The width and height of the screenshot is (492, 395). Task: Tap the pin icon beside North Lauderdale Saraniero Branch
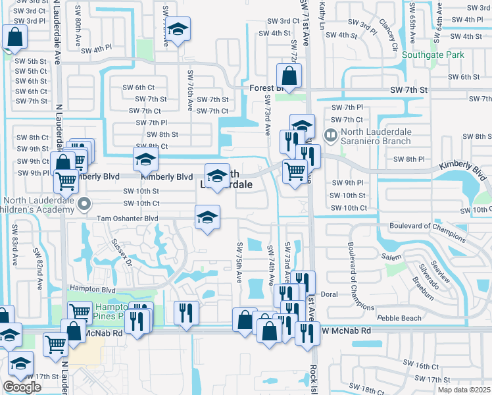click(332, 136)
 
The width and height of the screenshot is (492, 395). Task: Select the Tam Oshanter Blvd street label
click(128, 219)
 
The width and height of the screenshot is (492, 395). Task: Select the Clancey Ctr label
click(389, 38)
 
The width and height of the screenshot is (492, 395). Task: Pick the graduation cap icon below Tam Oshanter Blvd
click(207, 217)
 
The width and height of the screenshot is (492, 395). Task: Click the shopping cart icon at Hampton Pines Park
click(80, 310)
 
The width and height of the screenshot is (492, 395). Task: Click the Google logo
click(22, 387)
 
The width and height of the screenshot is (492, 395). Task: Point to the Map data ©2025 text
click(464, 390)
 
